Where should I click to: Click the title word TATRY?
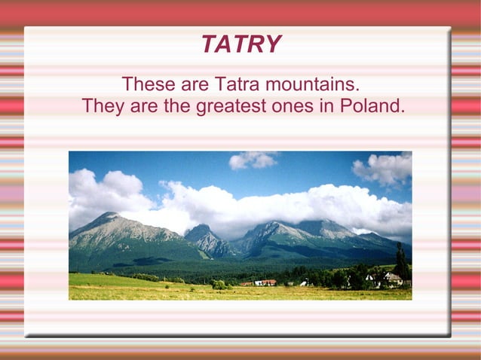(240, 45)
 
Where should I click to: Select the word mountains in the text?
(311, 83)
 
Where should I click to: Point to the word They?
(103, 106)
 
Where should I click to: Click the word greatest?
(231, 106)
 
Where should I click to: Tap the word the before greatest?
(176, 106)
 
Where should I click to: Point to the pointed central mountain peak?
(201, 227)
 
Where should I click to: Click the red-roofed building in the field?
(268, 282)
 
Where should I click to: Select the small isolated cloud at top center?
(253, 160)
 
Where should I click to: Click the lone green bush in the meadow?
(219, 285)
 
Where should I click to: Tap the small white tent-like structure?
(303, 283)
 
